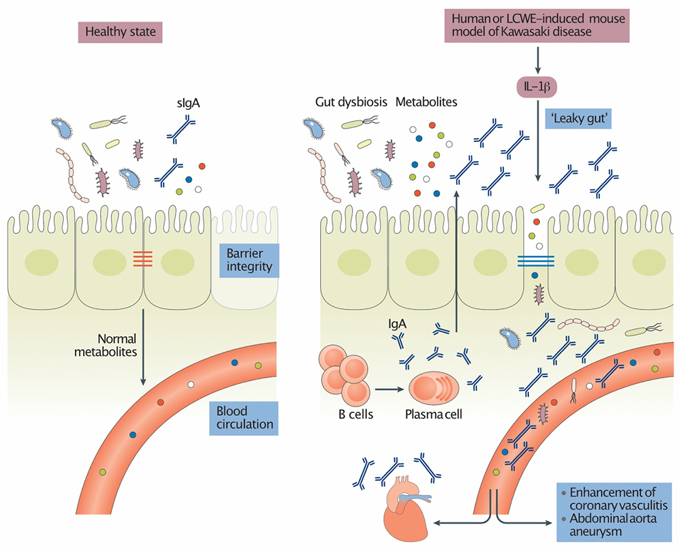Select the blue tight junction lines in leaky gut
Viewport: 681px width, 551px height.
(535, 261)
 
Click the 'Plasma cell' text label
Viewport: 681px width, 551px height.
(436, 415)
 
